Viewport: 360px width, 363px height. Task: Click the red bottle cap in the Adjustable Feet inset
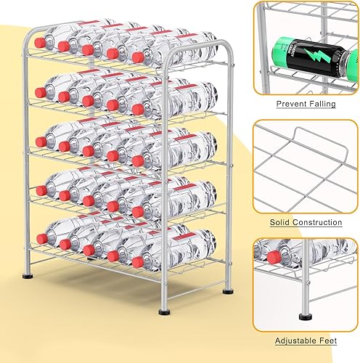(x=274, y=256)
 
